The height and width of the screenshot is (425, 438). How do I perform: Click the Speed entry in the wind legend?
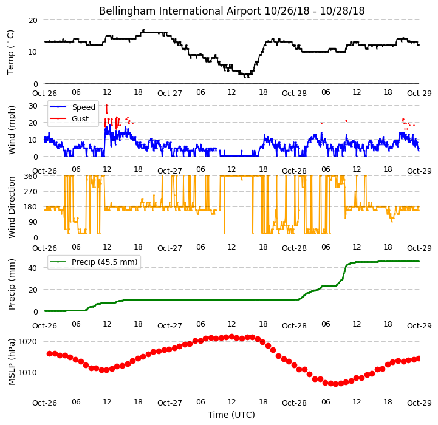point(83,107)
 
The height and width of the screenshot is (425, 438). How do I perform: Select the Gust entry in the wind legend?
point(80,118)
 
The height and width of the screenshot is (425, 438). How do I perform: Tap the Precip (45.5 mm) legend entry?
point(104,262)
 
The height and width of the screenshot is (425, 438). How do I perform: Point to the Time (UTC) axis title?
point(231,415)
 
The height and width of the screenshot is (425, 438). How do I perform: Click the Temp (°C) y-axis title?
point(10,52)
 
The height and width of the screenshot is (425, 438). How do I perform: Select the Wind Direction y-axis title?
point(11,207)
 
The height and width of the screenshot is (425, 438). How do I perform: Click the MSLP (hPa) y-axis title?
point(11,362)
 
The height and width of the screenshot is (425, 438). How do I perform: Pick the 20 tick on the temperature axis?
point(33,21)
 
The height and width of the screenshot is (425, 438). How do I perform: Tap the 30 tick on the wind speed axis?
point(33,106)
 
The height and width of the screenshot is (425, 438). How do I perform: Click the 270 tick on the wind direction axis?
point(31,192)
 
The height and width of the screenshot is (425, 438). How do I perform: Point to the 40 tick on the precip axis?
point(33,268)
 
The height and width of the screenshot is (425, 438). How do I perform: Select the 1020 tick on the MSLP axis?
point(28,341)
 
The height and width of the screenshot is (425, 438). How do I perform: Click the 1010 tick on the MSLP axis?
point(28,372)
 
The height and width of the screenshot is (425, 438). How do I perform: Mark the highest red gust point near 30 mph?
point(106,106)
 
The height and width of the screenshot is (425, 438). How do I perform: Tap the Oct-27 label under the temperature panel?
point(169,93)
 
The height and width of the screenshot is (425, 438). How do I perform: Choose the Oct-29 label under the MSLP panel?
point(419,403)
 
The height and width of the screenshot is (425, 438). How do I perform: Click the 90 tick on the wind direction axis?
point(33,222)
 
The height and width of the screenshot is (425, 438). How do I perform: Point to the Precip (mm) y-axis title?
point(11,285)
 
